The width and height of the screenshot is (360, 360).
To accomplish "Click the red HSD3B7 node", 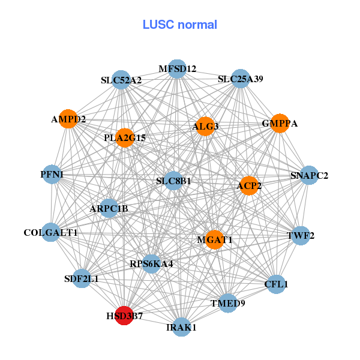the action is (124, 315).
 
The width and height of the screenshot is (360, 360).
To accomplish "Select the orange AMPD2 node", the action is (68, 119).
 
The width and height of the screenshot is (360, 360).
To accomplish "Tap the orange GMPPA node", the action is (280, 123).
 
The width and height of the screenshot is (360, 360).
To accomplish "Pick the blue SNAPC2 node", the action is (309, 175).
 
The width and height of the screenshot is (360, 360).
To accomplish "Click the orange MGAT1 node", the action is (214, 239).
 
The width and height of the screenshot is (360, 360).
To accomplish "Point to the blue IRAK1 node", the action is (181, 327).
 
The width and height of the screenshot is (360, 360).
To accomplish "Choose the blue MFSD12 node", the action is (177, 69).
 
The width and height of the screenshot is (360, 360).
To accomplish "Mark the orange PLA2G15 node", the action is (124, 138).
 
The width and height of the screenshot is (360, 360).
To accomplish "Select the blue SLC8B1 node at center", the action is (173, 181).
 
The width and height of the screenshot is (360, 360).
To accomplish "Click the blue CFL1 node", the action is (275, 284).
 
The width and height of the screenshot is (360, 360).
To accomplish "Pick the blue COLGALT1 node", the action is (51, 232).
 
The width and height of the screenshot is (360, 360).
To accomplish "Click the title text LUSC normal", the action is (180, 25).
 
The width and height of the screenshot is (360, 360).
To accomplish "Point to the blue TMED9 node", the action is (227, 303).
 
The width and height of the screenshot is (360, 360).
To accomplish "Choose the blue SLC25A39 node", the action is (240, 79).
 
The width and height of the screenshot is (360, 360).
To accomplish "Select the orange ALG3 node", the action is (205, 126).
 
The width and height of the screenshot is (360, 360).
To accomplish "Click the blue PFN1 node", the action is (52, 175).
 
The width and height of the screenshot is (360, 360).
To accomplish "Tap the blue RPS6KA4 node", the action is (151, 263).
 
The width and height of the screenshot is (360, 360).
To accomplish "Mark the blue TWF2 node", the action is (300, 235).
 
